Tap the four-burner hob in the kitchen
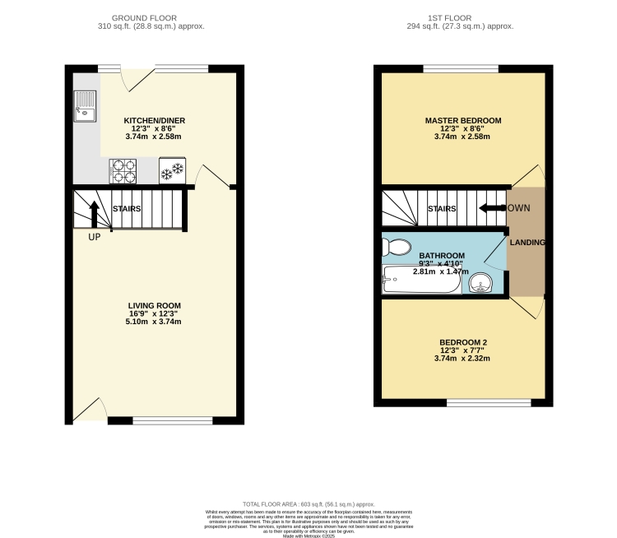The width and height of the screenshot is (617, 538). click(x=123, y=170)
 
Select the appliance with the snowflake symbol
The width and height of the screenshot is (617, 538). click(x=172, y=171)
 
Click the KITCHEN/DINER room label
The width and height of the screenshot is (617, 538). click(x=154, y=120)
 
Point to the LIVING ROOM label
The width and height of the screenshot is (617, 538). click(x=154, y=305)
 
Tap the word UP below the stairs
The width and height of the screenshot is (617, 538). click(x=95, y=237)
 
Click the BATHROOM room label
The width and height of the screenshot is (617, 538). click(x=442, y=256)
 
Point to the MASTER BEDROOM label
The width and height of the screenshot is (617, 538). click(x=463, y=120)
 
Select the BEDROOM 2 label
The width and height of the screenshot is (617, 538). click(x=463, y=342)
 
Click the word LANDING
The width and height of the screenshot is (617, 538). click(x=527, y=243)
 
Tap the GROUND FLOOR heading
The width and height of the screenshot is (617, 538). click(x=146, y=16)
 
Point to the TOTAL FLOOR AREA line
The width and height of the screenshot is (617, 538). click(x=308, y=503)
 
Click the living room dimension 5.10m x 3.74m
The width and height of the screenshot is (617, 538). click(x=154, y=322)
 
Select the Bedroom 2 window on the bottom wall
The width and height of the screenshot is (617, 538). click(x=489, y=402)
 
